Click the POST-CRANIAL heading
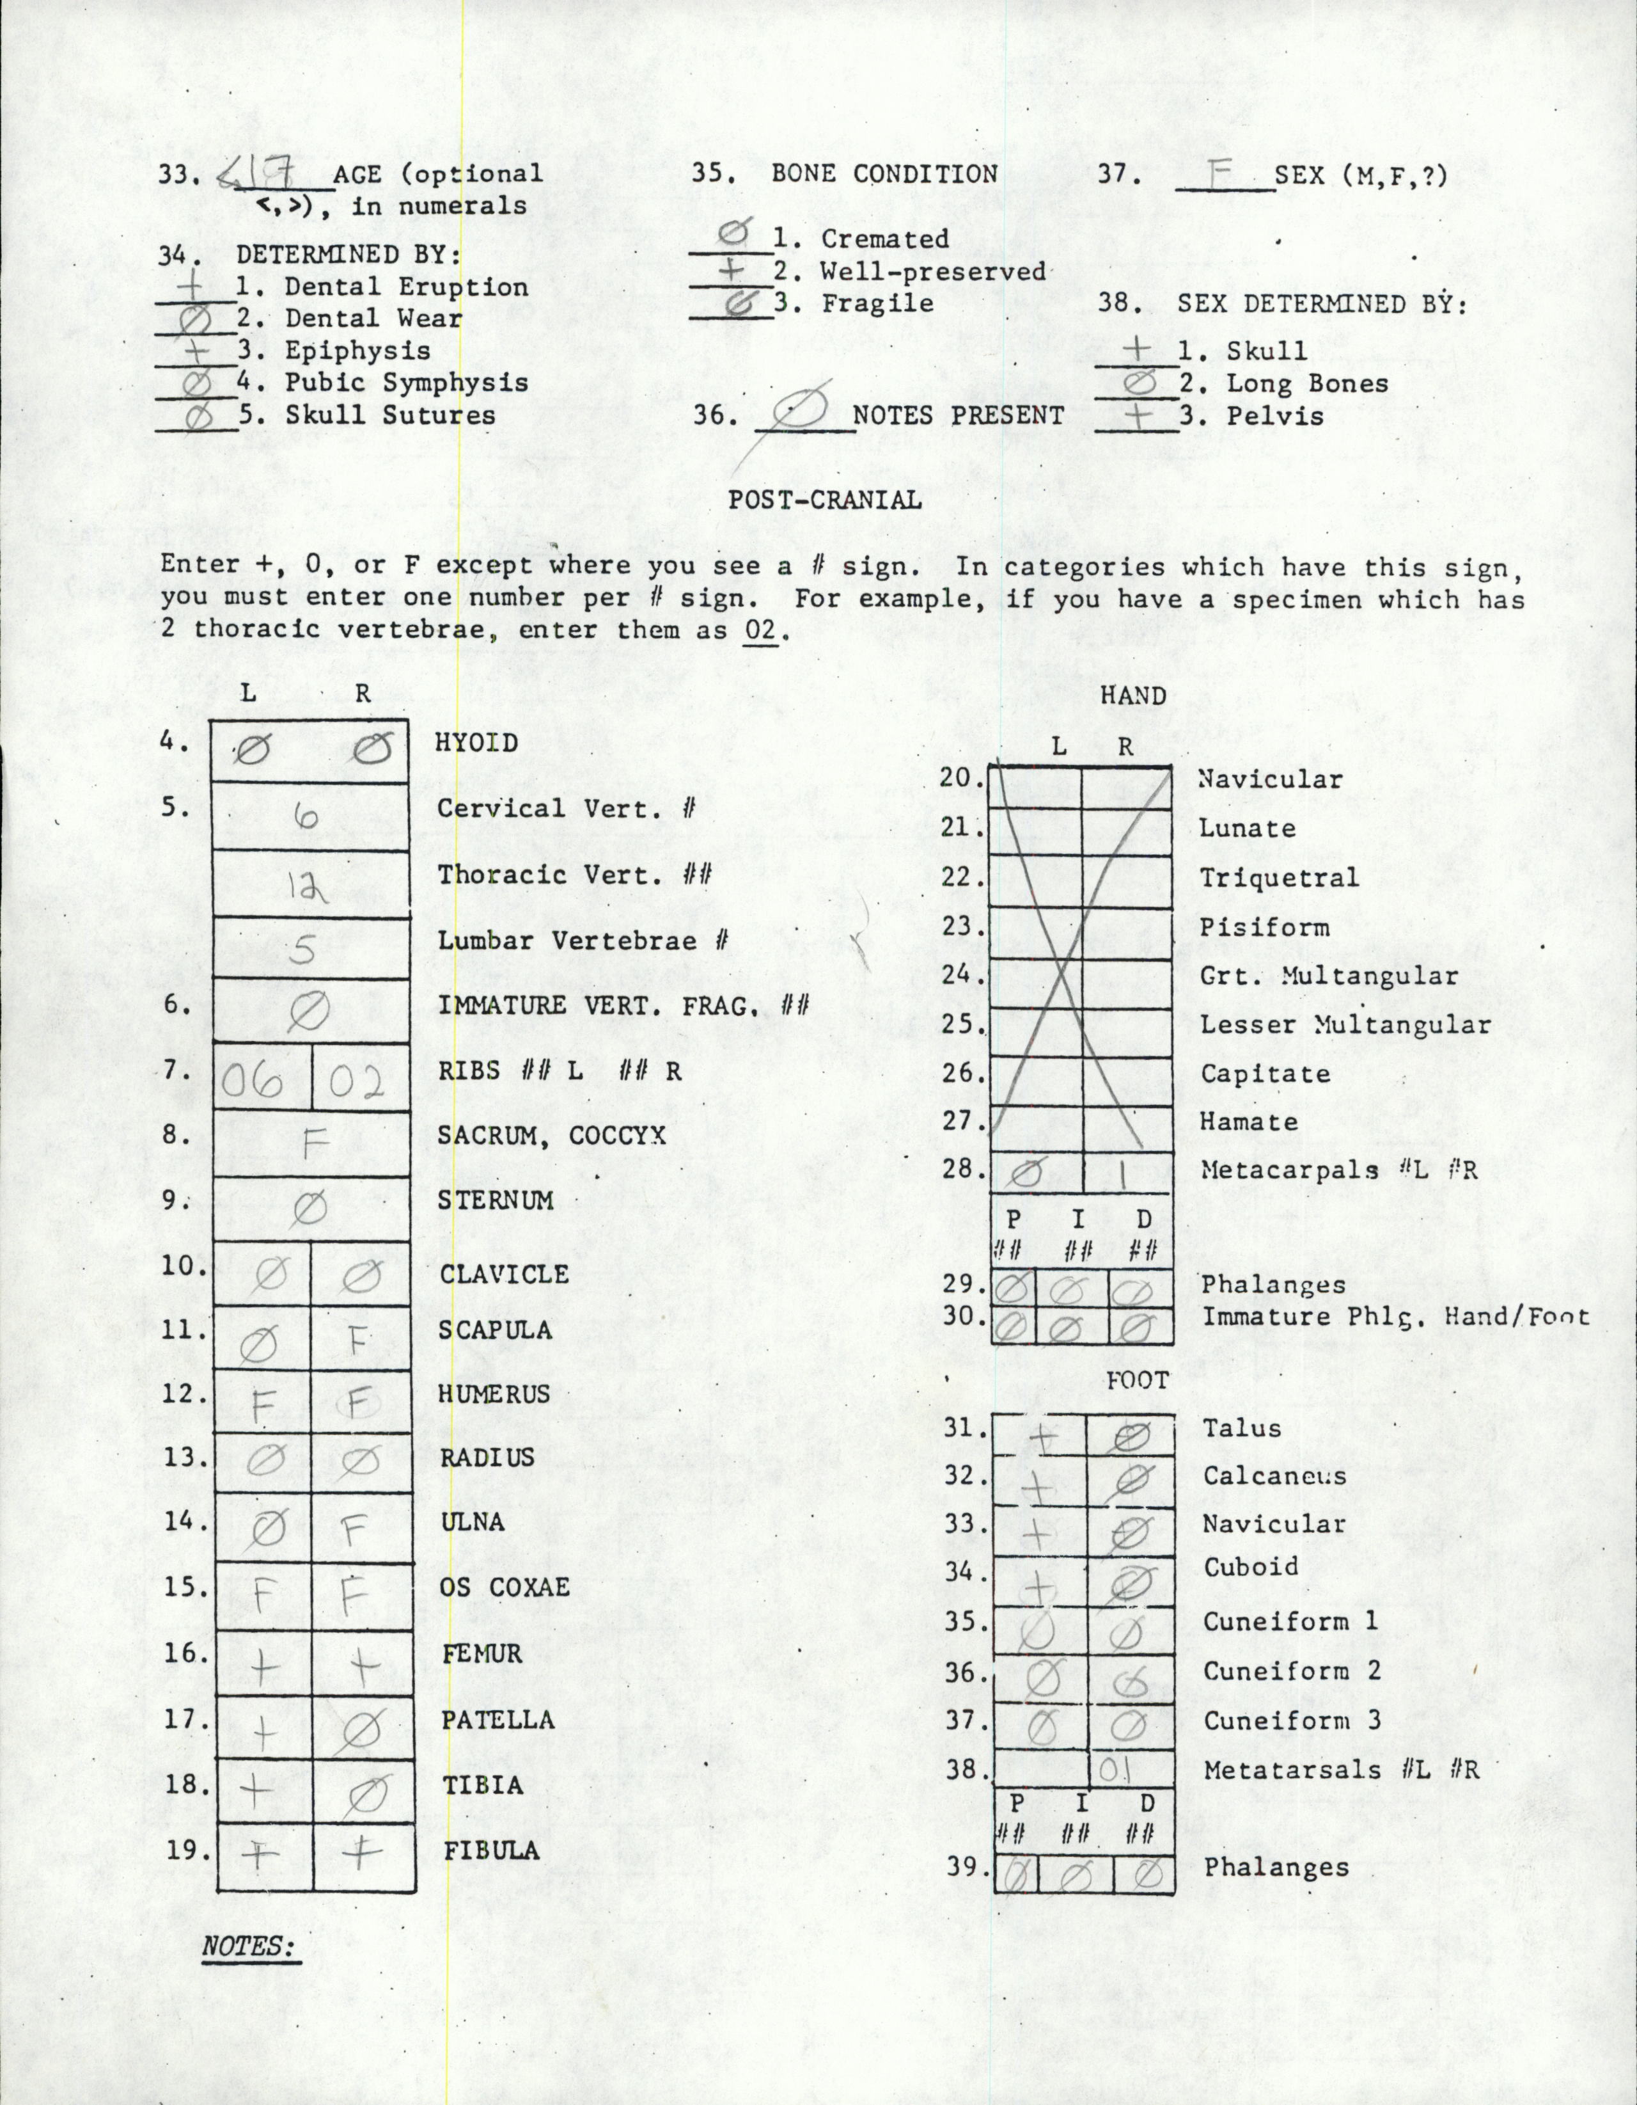click(824, 500)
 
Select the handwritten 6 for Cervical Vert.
click(306, 816)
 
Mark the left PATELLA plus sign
click(262, 1732)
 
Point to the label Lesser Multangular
click(1345, 1024)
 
